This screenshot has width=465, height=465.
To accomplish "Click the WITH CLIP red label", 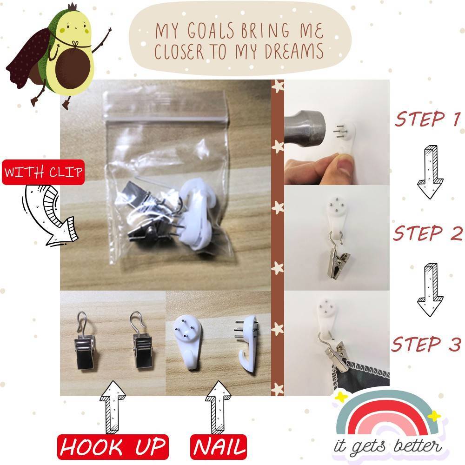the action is pyautogui.click(x=43, y=173).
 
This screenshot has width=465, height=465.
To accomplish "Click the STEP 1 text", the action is pyautogui.click(x=427, y=119).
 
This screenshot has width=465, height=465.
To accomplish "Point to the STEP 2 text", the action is pyautogui.click(x=428, y=233).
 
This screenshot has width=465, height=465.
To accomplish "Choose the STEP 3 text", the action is pyautogui.click(x=426, y=344).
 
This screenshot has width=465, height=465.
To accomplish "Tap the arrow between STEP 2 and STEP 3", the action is pyautogui.click(x=430, y=290).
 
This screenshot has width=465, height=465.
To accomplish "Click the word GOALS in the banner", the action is pyautogui.click(x=211, y=31).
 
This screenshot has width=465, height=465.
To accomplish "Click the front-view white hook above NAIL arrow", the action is pyautogui.click(x=187, y=341).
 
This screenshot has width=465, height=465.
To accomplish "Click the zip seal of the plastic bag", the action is pyautogui.click(x=166, y=119).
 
